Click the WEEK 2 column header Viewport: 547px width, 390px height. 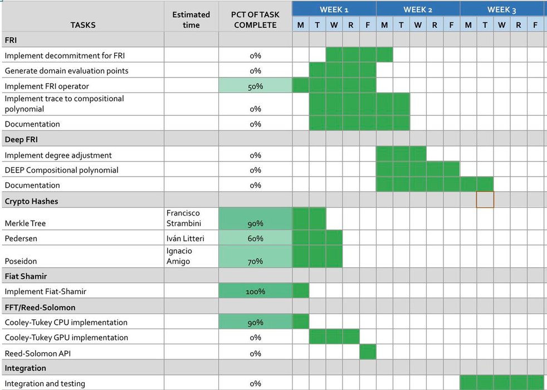(x=418, y=9)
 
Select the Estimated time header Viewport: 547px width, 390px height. (x=191, y=19)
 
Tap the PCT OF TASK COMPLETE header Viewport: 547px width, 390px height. (x=255, y=19)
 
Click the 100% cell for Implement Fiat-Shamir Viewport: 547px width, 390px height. (x=255, y=291)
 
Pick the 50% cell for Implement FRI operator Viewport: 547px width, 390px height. (x=255, y=86)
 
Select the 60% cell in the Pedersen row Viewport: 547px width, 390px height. (x=255, y=238)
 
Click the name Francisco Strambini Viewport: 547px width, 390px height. (x=183, y=218)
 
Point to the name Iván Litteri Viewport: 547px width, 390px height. (x=185, y=238)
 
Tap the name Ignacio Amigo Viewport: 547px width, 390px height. (x=179, y=256)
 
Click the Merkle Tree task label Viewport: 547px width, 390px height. (x=25, y=223)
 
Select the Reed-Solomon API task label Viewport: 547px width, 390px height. (x=37, y=353)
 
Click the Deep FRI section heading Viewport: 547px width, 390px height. (x=21, y=139)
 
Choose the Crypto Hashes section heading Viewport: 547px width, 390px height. (x=31, y=201)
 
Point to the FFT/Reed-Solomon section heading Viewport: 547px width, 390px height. (x=40, y=307)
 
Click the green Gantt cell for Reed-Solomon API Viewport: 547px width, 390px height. (x=368, y=352)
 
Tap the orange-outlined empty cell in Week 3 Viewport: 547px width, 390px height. (x=485, y=199)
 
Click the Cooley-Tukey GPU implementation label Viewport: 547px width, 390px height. (x=66, y=338)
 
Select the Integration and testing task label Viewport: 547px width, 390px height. (x=45, y=383)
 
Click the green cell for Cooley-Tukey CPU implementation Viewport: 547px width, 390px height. (x=300, y=321)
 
